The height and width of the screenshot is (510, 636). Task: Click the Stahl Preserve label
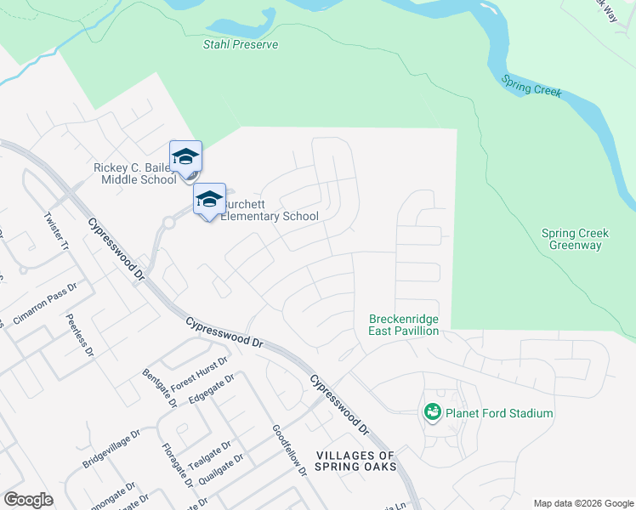[241, 44]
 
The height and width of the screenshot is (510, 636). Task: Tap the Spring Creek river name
[531, 86]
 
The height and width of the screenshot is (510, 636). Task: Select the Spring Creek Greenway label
[571, 239]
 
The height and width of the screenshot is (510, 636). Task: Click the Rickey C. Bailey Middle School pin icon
[185, 157]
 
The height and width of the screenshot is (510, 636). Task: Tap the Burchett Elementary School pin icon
[209, 200]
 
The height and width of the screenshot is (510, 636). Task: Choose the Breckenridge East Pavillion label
[404, 325]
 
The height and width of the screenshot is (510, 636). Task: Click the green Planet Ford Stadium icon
[432, 413]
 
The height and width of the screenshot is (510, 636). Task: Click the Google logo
[28, 500]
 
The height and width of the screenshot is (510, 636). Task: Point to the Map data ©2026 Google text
[582, 503]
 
